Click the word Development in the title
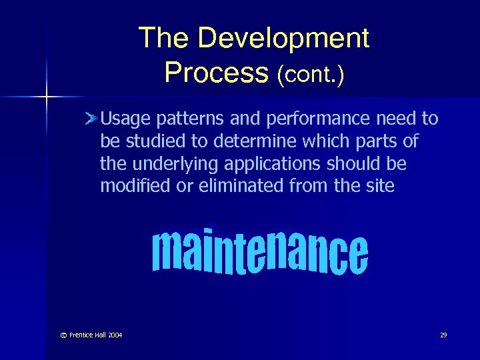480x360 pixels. click(283, 39)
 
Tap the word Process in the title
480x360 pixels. click(215, 72)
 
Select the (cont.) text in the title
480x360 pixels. click(311, 73)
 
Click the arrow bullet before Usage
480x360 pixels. click(92, 119)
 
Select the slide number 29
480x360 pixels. click(443, 335)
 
